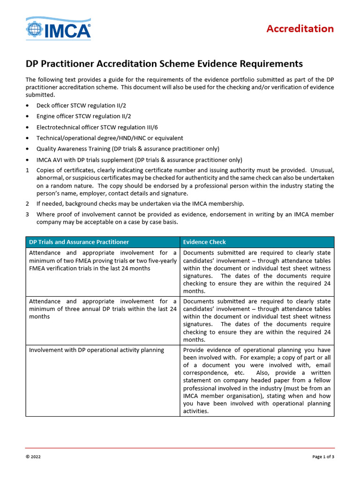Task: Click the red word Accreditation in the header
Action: [x=300, y=29]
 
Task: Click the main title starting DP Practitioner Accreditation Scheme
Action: [x=164, y=64]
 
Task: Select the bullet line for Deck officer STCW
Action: [x=75, y=105]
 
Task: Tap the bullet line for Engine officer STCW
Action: [x=77, y=116]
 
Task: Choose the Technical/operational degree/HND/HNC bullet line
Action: [x=110, y=138]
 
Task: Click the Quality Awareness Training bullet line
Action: [x=128, y=149]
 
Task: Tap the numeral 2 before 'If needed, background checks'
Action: [x=27, y=203]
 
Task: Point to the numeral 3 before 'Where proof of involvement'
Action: [x=27, y=214]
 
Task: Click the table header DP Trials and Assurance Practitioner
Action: [x=79, y=242]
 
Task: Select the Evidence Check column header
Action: [x=204, y=242]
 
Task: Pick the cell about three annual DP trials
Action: [x=103, y=309]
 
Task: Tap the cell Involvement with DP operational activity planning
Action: [x=97, y=350]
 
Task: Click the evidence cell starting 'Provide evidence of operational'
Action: [x=256, y=381]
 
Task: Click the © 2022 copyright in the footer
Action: [x=34, y=457]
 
